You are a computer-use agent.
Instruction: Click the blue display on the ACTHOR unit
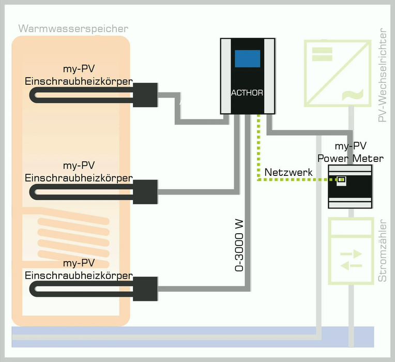pos(247,59)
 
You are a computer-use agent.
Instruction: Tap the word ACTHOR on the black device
pos(247,93)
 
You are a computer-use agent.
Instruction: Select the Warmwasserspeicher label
pos(73,28)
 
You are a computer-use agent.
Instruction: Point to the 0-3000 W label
pos(239,245)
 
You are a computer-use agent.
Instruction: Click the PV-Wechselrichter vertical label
pos(383,76)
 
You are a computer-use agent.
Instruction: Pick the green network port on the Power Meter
pos(342,180)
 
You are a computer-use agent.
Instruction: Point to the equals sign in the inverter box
pos(322,54)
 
